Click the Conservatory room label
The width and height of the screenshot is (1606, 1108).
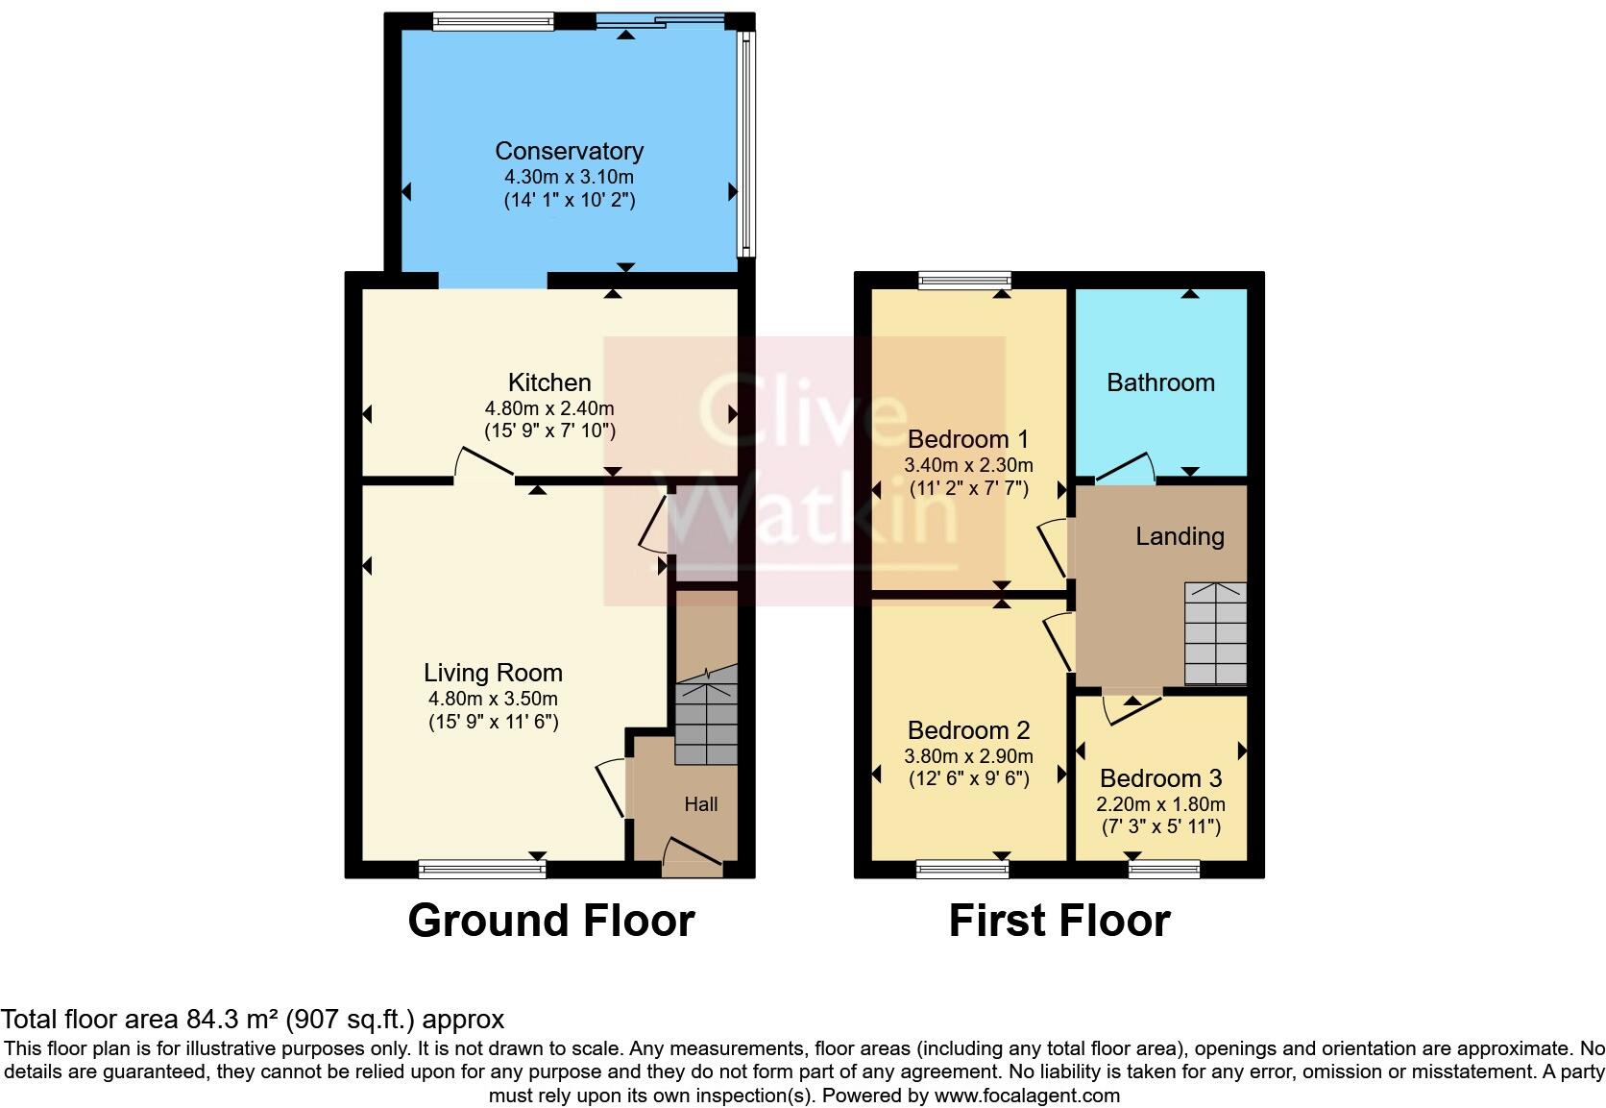(x=569, y=151)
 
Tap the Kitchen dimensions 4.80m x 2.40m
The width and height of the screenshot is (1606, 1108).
(x=549, y=407)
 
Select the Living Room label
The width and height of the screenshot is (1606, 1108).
(x=493, y=673)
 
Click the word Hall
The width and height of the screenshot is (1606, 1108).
(x=700, y=804)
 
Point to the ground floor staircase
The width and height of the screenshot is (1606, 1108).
(x=706, y=723)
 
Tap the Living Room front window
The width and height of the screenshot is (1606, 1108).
(x=482, y=870)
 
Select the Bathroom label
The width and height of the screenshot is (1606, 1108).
(x=1160, y=382)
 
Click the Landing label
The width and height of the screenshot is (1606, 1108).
(x=1180, y=536)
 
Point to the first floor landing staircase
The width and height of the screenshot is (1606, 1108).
(x=1215, y=632)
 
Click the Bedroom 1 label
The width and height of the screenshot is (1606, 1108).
(x=967, y=439)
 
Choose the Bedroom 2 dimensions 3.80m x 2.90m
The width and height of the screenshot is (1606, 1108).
(x=968, y=755)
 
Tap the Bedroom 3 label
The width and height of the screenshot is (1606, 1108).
(x=1160, y=778)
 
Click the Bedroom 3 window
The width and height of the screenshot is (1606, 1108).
(x=1163, y=870)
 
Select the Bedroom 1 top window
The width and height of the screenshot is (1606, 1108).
(x=964, y=281)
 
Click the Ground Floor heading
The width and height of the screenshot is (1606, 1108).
(x=550, y=921)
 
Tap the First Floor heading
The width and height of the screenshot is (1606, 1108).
(x=1058, y=921)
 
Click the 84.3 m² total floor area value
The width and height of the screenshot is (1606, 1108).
(x=226, y=1019)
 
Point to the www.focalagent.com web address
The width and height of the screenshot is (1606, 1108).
(x=1026, y=1095)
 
